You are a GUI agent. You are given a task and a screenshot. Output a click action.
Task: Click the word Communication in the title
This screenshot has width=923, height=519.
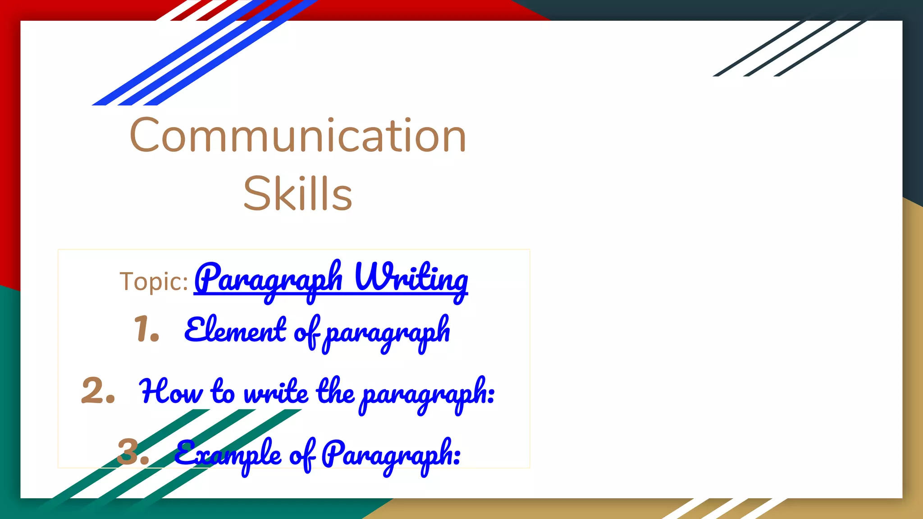(298, 136)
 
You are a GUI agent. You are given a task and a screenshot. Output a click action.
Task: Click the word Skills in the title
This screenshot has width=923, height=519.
(297, 194)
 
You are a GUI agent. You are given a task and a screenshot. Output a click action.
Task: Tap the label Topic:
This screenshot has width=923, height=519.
(154, 282)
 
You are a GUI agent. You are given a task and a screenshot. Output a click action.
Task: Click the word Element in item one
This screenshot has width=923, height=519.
(235, 330)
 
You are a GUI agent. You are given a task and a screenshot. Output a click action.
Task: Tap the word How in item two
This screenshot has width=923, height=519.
(171, 392)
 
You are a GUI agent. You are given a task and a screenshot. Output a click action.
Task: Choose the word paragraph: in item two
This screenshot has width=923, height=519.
(428, 393)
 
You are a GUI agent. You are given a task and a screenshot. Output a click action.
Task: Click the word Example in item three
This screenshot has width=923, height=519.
(228, 454)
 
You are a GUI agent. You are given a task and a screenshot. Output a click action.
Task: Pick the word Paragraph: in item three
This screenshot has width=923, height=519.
(391, 454)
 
